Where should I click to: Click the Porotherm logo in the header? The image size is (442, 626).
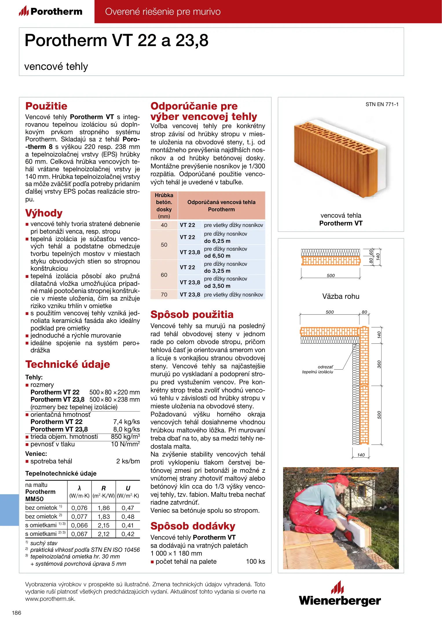click(x=51, y=12)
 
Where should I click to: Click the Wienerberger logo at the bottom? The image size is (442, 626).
click(x=340, y=594)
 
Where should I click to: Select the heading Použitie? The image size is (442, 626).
click(x=46, y=106)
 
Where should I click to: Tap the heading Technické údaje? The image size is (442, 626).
click(x=67, y=364)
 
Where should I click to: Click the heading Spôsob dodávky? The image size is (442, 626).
click(x=193, y=526)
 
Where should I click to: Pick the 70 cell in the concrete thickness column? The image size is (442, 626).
click(x=164, y=295)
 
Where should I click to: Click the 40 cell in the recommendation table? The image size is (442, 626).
click(x=164, y=225)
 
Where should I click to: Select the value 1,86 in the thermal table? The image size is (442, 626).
click(x=104, y=508)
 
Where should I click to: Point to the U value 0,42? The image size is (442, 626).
click(x=128, y=534)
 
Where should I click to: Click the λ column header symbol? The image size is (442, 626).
click(x=79, y=488)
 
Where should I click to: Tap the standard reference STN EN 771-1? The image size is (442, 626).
click(x=382, y=104)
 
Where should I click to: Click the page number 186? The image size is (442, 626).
click(x=16, y=613)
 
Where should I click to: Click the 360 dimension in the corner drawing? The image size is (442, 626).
click(x=379, y=364)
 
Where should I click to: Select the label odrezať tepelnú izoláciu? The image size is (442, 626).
click(x=318, y=369)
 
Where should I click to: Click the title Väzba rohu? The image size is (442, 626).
click(x=341, y=296)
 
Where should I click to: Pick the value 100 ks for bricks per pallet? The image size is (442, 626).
click(x=255, y=561)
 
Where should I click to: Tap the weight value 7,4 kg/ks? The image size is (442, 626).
click(x=126, y=422)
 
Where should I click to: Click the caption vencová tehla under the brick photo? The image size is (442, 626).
click(x=341, y=215)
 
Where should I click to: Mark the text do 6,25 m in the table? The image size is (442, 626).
click(x=217, y=241)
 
